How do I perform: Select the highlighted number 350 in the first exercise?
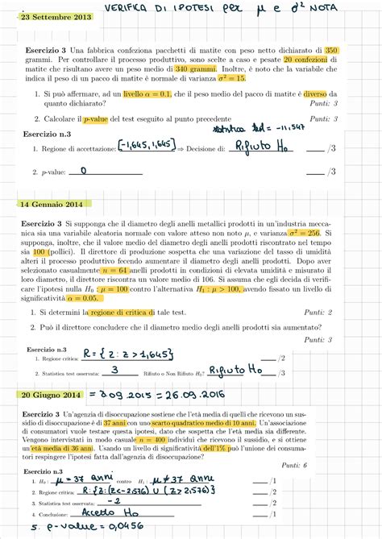(x=332, y=50)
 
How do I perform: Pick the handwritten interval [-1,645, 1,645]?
(x=145, y=144)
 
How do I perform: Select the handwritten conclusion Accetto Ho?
(x=123, y=511)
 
